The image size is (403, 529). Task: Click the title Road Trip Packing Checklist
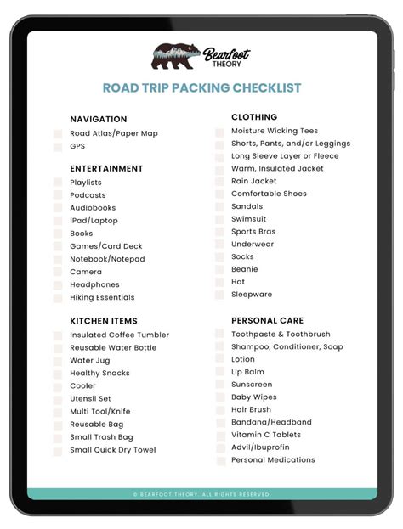201,88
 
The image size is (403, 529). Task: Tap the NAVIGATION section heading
99,120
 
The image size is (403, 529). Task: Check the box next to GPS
58,147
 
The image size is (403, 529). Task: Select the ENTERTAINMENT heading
106,169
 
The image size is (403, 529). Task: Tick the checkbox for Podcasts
58,195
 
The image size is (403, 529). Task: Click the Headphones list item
94,284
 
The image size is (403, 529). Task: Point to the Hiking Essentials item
102,297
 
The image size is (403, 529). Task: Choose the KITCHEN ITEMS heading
103,321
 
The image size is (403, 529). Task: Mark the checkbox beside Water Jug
58,361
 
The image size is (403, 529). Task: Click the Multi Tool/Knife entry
100,411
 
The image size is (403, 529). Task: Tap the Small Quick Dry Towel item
112,450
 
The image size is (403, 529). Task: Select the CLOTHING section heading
254,117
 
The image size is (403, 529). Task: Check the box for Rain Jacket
219,182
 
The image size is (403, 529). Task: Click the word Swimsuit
248,219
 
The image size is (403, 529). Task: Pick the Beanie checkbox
219,270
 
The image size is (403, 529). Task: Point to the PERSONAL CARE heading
267,320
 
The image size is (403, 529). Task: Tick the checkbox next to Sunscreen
219,385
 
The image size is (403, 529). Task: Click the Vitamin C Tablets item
266,435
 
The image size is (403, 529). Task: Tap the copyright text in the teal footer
201,494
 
